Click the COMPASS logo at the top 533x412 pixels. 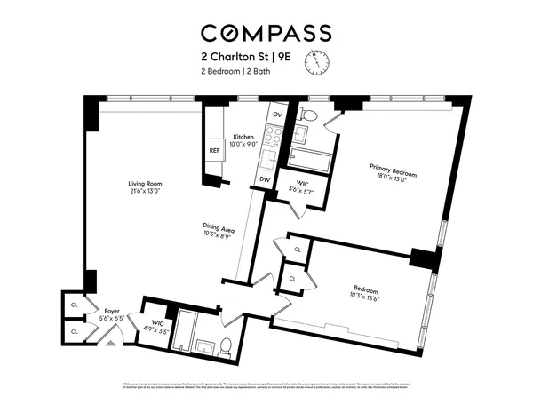(266, 34)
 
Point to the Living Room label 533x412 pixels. (143, 184)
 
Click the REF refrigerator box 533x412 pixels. (214, 151)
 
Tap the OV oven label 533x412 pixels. (277, 115)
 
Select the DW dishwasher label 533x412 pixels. (264, 178)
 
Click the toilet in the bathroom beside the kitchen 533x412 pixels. (308, 115)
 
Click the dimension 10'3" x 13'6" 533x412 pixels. (366, 298)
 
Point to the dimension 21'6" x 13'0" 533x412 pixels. (143, 192)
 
